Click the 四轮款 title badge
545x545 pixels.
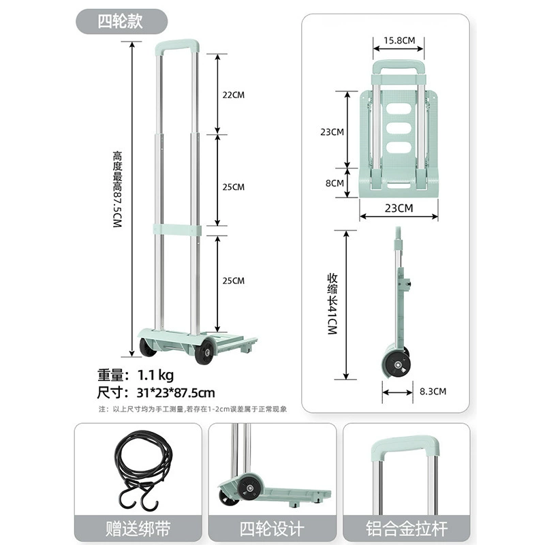pyautogui.click(x=121, y=22)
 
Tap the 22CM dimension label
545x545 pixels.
pyautogui.click(x=234, y=95)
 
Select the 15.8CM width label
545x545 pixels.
pyautogui.click(x=399, y=40)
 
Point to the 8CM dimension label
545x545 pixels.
pyautogui.click(x=334, y=183)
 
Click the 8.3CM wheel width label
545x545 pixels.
pyautogui.click(x=433, y=391)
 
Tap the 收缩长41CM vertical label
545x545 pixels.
pyautogui.click(x=332, y=304)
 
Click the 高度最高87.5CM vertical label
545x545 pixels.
pyautogui.click(x=117, y=189)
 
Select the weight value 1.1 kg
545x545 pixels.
pyautogui.click(x=155, y=375)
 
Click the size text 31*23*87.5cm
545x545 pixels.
pyautogui.click(x=176, y=393)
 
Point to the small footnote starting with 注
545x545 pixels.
pyautogui.click(x=193, y=409)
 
